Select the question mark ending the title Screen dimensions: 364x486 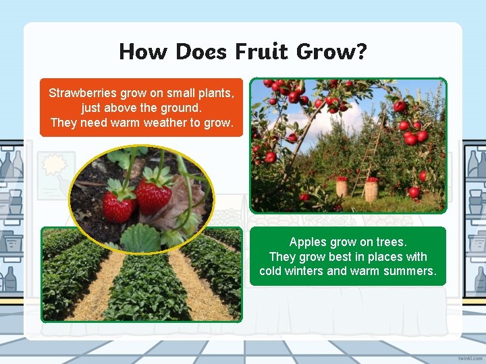click(x=360, y=51)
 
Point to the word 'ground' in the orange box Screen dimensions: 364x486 click(x=183, y=108)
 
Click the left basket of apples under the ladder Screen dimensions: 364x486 click(x=342, y=187)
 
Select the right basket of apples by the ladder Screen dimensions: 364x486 click(x=371, y=189)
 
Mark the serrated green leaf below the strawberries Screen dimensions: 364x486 click(x=140, y=237)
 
